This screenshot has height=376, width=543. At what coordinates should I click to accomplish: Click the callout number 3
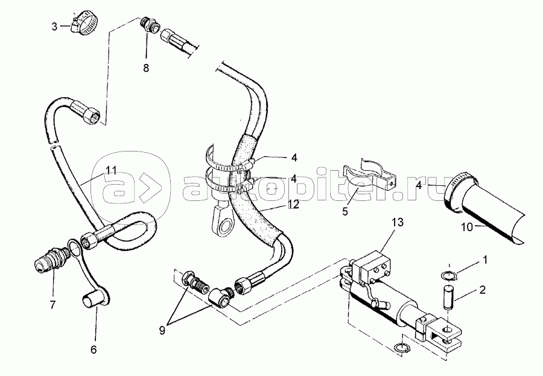[x=54, y=27]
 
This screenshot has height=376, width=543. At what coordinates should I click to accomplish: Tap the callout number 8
[x=146, y=68]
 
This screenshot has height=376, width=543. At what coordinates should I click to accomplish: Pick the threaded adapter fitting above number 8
[x=150, y=25]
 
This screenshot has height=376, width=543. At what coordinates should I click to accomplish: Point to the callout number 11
[x=112, y=170]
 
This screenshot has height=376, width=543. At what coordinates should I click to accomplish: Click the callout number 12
[x=293, y=205]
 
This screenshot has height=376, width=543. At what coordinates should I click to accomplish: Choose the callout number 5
[x=345, y=211]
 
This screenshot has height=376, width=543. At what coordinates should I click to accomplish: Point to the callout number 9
[x=162, y=331]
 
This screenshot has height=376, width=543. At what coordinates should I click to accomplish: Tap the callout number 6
[x=94, y=349]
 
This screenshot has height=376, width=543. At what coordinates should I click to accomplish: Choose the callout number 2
[x=483, y=290]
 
